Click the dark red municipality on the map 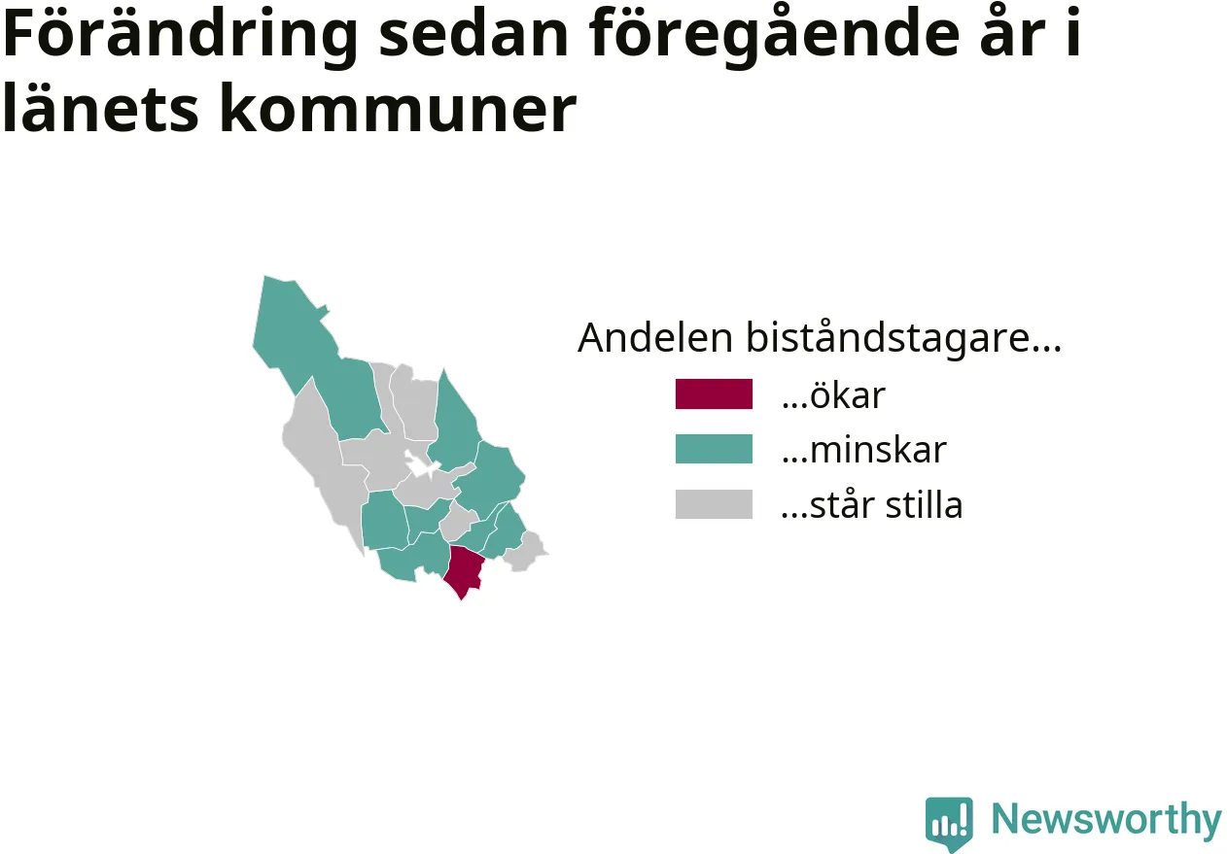click(464, 569)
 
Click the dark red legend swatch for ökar click(714, 393)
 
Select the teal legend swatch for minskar click(714, 449)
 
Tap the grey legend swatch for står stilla click(714, 503)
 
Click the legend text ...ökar click(833, 394)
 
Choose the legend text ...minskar click(863, 450)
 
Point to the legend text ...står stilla click(872, 504)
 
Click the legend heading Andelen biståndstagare click(820, 337)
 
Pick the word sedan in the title click(473, 34)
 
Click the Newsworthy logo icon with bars click(949, 823)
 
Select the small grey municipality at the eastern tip click(525, 552)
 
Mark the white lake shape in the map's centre click(421, 466)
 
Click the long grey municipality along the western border click(323, 465)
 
